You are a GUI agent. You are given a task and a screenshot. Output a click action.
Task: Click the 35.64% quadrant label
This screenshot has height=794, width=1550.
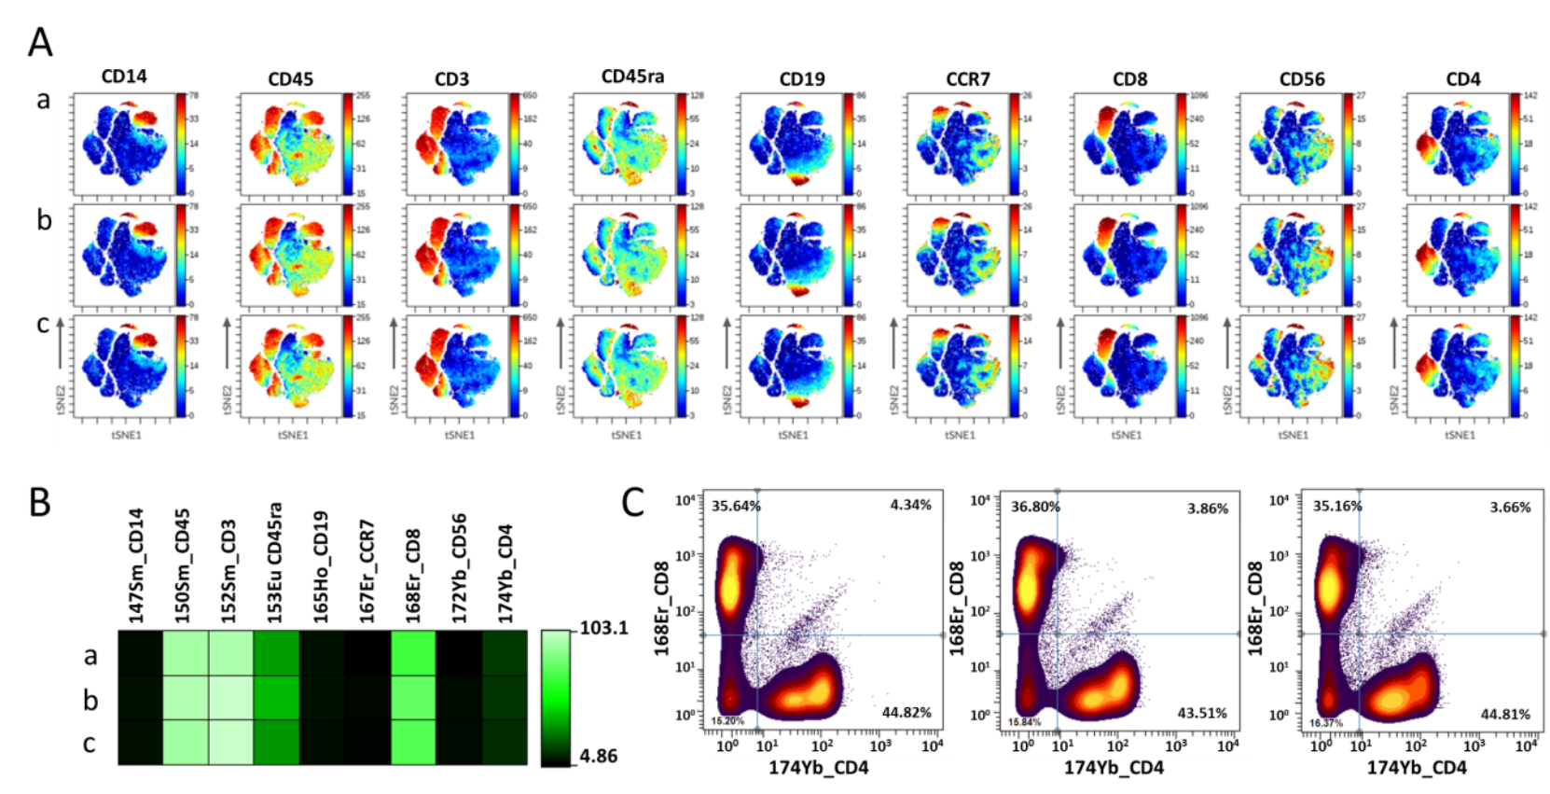[736, 507]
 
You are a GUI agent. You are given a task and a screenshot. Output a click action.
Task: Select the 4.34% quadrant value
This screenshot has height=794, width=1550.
[910, 505]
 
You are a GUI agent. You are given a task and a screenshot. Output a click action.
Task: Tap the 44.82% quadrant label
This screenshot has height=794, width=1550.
[906, 713]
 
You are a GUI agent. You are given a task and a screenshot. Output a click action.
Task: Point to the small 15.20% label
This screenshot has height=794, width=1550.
[727, 721]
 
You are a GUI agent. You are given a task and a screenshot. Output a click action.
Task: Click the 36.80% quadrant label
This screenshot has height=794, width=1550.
[1035, 507]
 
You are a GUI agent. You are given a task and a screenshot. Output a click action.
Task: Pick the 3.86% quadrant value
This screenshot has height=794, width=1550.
[1208, 508]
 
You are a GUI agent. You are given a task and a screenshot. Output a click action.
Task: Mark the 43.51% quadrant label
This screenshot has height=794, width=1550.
[1202, 713]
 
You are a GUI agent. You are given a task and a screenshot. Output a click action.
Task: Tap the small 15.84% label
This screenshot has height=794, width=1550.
[1024, 722]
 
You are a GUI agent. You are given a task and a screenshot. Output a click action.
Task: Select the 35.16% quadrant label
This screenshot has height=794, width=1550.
[1337, 507]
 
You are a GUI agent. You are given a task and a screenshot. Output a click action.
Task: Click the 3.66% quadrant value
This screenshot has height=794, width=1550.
[1510, 508]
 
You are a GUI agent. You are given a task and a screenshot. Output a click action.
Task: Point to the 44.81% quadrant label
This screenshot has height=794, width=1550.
[1505, 715]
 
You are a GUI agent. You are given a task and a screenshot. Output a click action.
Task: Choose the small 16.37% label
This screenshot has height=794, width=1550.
[1325, 723]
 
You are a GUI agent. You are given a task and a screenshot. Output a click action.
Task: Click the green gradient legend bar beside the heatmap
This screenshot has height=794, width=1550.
[557, 697]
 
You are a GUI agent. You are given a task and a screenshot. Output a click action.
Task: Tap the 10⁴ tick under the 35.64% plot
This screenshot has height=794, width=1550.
[932, 746]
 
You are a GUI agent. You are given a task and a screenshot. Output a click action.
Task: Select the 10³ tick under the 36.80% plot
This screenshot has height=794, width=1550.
[1176, 746]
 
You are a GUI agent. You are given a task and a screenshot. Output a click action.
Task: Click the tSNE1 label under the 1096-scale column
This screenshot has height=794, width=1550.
[1127, 435]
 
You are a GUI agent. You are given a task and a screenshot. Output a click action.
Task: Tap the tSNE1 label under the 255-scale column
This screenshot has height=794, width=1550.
[293, 435]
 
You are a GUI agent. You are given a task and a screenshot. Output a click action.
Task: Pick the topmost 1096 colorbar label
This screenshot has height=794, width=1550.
[1198, 96]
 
